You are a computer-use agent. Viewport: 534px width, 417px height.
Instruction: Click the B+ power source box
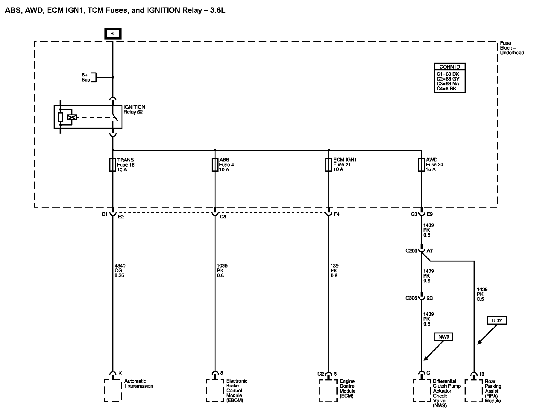[113, 34]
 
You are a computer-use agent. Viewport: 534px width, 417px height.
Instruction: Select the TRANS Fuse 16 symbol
[113, 165]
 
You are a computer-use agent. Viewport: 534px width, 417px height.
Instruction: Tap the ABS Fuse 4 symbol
[215, 165]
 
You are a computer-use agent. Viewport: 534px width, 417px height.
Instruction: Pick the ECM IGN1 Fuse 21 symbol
[328, 165]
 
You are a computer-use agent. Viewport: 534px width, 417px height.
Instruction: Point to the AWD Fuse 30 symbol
[421, 165]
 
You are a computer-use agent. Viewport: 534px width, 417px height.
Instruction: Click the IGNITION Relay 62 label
[134, 109]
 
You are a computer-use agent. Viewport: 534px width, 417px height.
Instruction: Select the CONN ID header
[449, 67]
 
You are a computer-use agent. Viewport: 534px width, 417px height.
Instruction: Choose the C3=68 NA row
[448, 84]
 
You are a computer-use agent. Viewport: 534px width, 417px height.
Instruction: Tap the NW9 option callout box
[444, 337]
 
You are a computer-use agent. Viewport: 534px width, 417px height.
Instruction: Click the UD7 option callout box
[497, 321]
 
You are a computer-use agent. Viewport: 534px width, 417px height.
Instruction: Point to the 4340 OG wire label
[120, 271]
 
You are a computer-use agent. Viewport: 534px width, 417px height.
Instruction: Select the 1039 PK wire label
[222, 271]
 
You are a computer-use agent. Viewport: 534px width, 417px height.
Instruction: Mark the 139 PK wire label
[334, 271]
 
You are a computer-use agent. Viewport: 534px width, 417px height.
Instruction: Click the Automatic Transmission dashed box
[113, 390]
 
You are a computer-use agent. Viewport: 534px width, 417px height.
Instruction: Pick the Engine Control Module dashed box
[328, 391]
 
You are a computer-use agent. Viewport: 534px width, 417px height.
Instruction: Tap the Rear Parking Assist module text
[493, 391]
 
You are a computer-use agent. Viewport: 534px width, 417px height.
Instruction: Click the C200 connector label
[411, 251]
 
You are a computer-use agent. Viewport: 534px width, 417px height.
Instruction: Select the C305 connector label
[411, 298]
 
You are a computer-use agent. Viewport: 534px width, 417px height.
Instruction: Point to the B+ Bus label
[86, 77]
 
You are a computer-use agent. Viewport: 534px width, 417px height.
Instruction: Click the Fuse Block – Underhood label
[512, 48]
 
